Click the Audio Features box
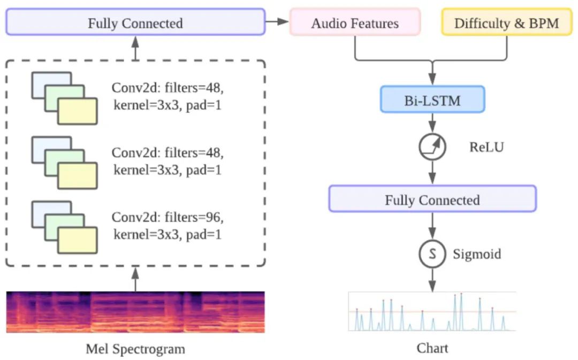point(355,23)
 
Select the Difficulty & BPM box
point(506,23)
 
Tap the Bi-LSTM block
point(432,99)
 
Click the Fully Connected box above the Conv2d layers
point(135,23)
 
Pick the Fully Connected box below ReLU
point(432,200)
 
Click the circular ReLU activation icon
point(432,146)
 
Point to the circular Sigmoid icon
point(432,255)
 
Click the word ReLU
point(486,146)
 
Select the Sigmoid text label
point(476,254)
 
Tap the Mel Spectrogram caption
point(135,349)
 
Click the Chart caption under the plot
point(432,348)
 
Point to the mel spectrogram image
point(135,312)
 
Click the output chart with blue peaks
point(432,311)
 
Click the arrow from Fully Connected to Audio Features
point(277,22)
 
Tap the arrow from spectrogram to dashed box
point(135,279)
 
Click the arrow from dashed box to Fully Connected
point(135,48)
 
